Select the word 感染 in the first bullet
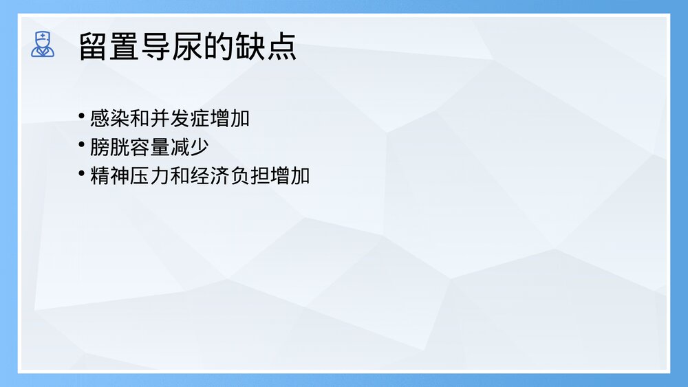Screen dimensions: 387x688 [x=109, y=118]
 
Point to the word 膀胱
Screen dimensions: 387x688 [x=109, y=147]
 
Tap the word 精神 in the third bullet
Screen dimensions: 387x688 [x=109, y=175]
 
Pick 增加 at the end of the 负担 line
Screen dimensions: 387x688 [x=289, y=175]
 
